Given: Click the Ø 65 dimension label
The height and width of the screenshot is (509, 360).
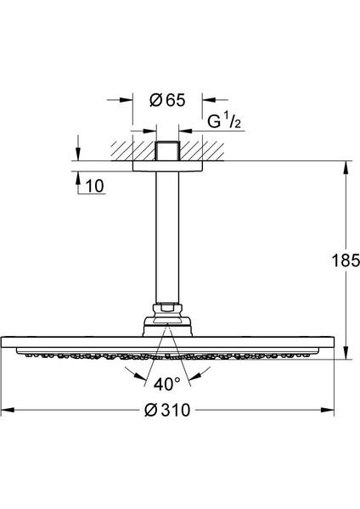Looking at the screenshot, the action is click(x=167, y=100).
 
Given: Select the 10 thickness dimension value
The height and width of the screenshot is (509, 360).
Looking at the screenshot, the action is click(x=94, y=186).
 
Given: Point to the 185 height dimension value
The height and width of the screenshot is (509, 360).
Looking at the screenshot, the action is click(x=346, y=260).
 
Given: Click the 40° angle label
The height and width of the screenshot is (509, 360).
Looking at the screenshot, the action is click(x=167, y=384).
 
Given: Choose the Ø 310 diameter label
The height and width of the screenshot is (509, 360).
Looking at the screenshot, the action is click(x=167, y=410).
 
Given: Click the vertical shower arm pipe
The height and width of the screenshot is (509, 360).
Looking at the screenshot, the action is click(x=167, y=237).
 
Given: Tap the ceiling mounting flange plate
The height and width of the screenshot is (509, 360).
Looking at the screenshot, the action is click(x=167, y=166).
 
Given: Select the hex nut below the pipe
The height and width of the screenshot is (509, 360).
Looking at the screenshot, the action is click(x=167, y=308).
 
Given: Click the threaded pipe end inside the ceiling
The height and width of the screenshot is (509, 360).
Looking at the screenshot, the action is click(x=167, y=151).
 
